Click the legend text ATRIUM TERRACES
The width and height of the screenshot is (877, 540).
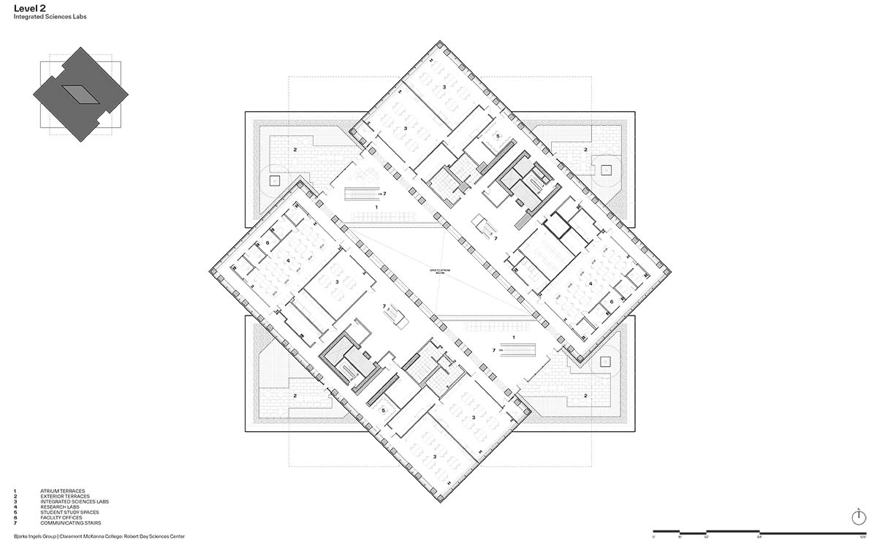pyautogui.click(x=63, y=491)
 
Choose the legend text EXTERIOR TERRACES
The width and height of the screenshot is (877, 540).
pyautogui.click(x=65, y=496)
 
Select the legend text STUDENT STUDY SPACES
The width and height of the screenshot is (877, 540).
pyautogui.click(x=69, y=512)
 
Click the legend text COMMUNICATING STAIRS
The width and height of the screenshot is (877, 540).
pyautogui.click(x=71, y=523)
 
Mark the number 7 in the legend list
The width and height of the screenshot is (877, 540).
pyautogui.click(x=15, y=523)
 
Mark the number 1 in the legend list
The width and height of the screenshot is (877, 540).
pyautogui.click(x=15, y=491)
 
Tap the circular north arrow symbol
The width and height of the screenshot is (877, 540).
pyautogui.click(x=859, y=517)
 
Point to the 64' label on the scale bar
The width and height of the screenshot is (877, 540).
pyautogui.click(x=759, y=536)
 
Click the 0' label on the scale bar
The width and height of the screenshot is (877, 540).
pyautogui.click(x=653, y=536)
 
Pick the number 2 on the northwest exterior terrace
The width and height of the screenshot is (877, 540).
pyautogui.click(x=295, y=149)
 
